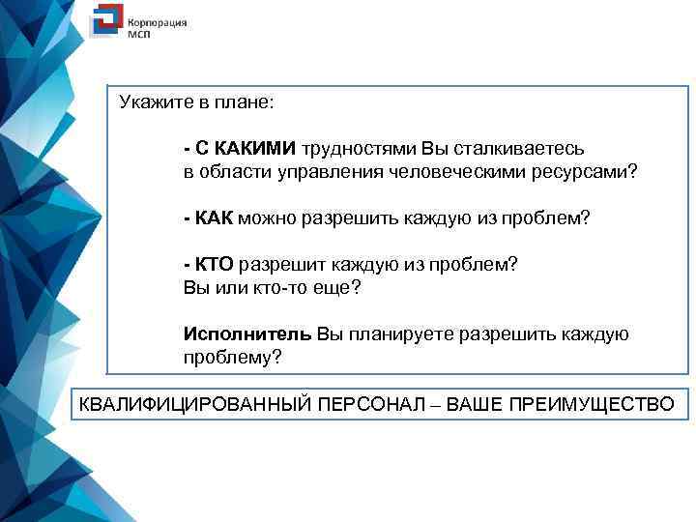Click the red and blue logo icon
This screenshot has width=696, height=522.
pos(105,24)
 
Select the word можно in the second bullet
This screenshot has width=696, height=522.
pos(267,218)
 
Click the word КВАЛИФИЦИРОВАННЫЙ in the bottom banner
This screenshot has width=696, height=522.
pos(195,403)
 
